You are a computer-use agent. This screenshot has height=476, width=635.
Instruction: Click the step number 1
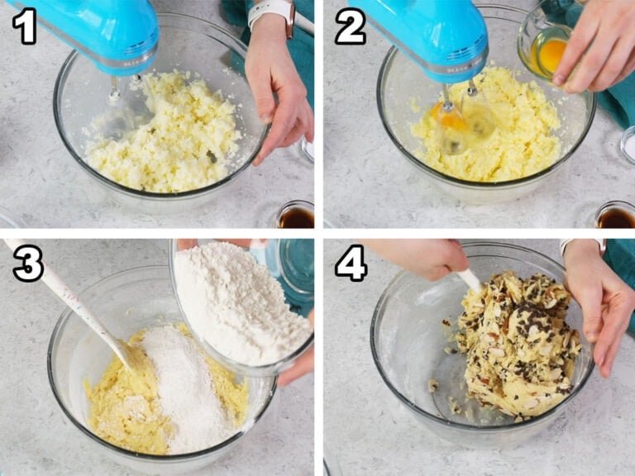24,26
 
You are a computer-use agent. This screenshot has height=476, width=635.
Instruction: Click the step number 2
351,26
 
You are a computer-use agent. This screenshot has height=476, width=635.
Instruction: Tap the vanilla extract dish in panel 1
296,215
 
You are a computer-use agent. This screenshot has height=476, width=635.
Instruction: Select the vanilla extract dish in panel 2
615,216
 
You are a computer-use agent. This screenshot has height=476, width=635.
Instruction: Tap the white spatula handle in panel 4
470,280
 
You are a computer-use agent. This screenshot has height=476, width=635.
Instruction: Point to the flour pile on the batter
182,384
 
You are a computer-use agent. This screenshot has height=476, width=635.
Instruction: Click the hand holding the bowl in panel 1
278,89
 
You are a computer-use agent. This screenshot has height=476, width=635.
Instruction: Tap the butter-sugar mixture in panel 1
162,134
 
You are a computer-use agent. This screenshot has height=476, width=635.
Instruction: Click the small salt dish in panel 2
628,145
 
